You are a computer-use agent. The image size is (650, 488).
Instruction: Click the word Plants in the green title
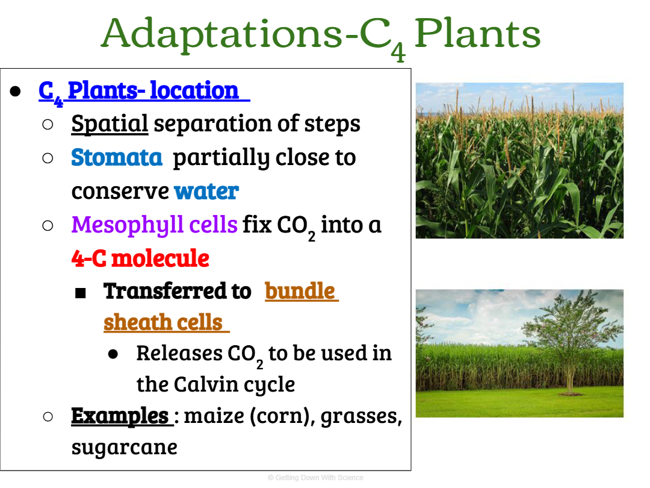[x=477, y=34]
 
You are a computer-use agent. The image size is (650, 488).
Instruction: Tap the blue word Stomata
[x=117, y=157]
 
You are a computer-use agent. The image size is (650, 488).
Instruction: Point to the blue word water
[x=206, y=192]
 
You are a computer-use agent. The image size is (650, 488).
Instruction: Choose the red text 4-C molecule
[x=140, y=258]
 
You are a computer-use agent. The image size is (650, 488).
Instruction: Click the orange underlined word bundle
[x=300, y=290]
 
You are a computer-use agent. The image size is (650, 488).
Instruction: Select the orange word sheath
[x=131, y=322]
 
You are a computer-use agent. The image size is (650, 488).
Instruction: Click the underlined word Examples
[x=120, y=415]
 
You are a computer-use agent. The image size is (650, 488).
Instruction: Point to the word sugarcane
[x=125, y=448]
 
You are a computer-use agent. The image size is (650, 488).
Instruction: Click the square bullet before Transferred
[x=81, y=293]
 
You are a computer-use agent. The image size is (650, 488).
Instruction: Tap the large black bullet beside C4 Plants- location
[x=15, y=92]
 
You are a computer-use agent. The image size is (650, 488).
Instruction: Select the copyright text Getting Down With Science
[x=315, y=478]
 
